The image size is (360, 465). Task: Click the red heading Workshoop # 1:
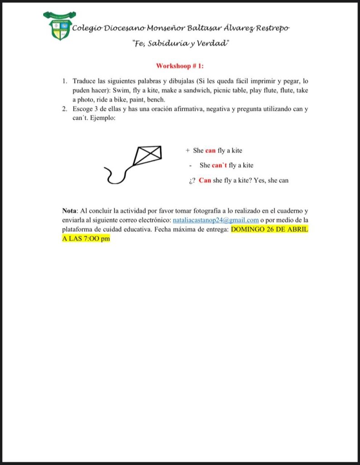pyautogui.click(x=180, y=66)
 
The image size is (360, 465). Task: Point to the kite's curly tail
pyautogui.click(x=116, y=175)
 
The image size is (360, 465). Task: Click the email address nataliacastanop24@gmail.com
pyautogui.click(x=216, y=220)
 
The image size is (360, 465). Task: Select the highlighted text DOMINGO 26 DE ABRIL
pyautogui.click(x=270, y=229)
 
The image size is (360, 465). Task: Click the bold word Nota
pyautogui.click(x=69, y=211)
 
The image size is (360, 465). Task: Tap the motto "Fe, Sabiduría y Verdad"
pyautogui.click(x=180, y=43)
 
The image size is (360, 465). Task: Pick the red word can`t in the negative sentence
pyautogui.click(x=219, y=165)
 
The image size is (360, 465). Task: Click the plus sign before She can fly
pyautogui.click(x=187, y=150)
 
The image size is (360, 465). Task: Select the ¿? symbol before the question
pyautogui.click(x=192, y=180)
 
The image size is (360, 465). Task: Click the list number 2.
pyautogui.click(x=64, y=109)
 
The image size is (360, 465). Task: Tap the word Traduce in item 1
pyautogui.click(x=84, y=81)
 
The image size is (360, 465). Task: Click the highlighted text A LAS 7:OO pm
pyautogui.click(x=86, y=238)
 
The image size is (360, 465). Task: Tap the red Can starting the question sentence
pyautogui.click(x=205, y=180)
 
